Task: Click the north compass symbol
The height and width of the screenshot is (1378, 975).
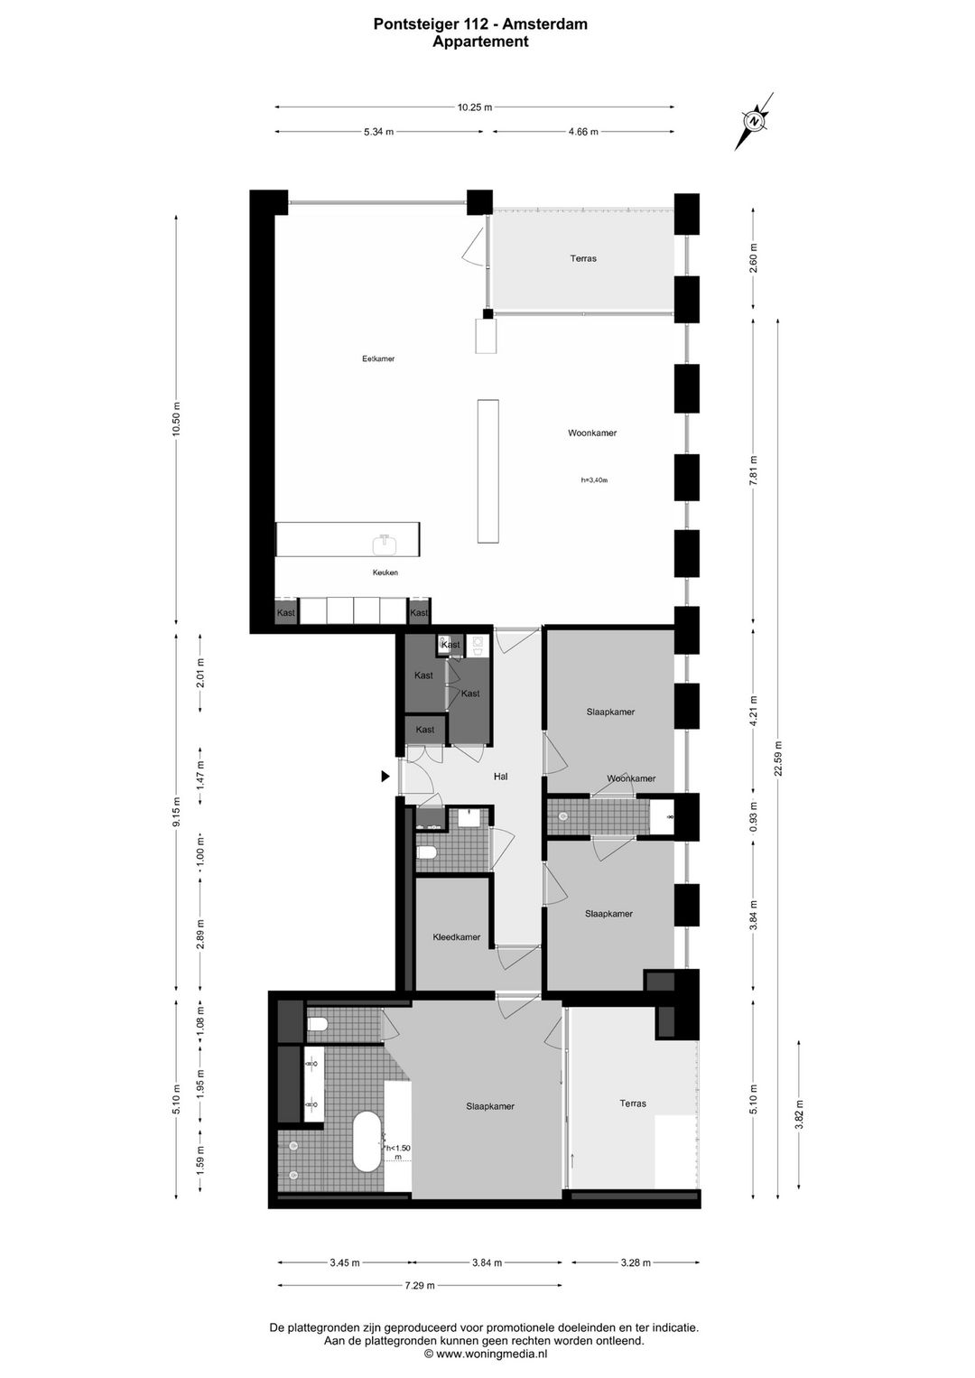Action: click(754, 121)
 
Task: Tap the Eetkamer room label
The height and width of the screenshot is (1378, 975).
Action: click(378, 358)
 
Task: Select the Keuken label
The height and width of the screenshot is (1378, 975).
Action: click(385, 573)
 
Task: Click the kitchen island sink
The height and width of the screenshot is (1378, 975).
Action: click(385, 544)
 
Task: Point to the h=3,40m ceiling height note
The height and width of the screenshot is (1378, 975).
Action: click(594, 480)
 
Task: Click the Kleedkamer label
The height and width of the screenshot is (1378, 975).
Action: click(457, 937)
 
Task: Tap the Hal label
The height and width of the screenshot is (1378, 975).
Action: click(501, 777)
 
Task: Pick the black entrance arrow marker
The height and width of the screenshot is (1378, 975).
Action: click(385, 777)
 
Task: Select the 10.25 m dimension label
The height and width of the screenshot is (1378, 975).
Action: click(474, 107)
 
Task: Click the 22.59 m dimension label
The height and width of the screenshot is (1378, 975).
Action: click(778, 758)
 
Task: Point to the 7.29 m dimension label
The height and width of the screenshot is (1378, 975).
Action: click(420, 1285)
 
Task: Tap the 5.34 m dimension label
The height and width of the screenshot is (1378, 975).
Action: click(379, 131)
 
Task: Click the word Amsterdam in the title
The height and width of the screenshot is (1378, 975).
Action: click(545, 24)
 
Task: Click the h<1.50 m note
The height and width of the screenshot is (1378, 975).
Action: click(397, 1152)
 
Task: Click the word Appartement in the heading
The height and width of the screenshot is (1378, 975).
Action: click(480, 42)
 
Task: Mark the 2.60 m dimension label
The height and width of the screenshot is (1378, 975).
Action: click(754, 258)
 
